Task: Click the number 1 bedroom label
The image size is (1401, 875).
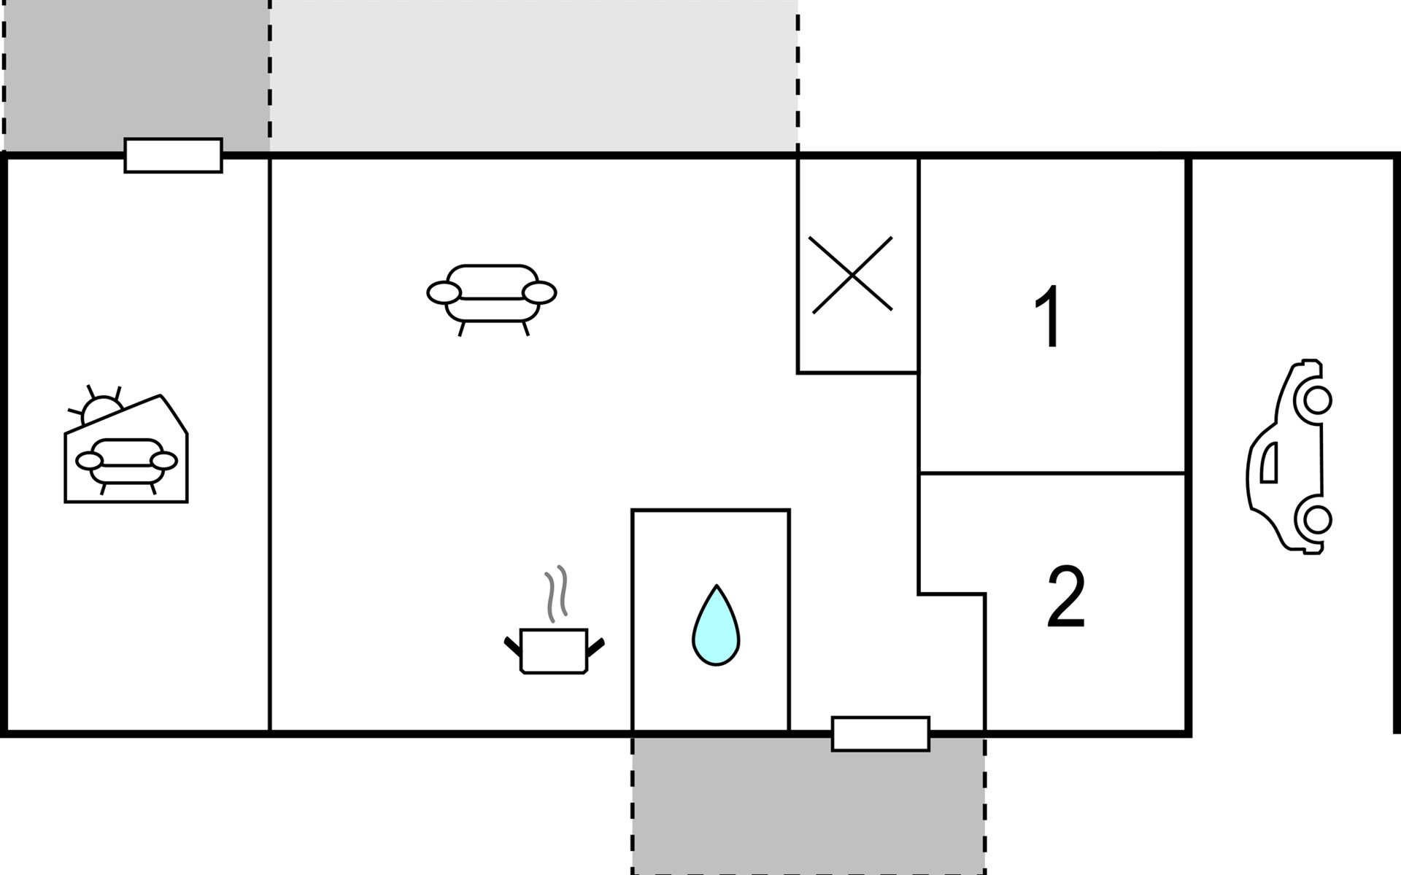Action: [1049, 317]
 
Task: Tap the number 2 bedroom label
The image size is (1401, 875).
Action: [1066, 597]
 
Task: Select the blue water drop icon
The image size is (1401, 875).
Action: [716, 626]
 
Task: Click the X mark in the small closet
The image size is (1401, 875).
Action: [852, 275]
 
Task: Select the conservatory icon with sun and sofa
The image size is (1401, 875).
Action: [126, 444]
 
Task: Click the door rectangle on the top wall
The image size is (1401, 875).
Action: [173, 155]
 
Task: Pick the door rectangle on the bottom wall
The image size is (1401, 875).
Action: [881, 734]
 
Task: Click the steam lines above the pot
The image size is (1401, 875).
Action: [556, 594]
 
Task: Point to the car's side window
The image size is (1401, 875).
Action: [1269, 462]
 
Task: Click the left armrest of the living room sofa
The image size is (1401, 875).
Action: [444, 293]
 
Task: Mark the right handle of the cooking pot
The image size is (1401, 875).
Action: [595, 646]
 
